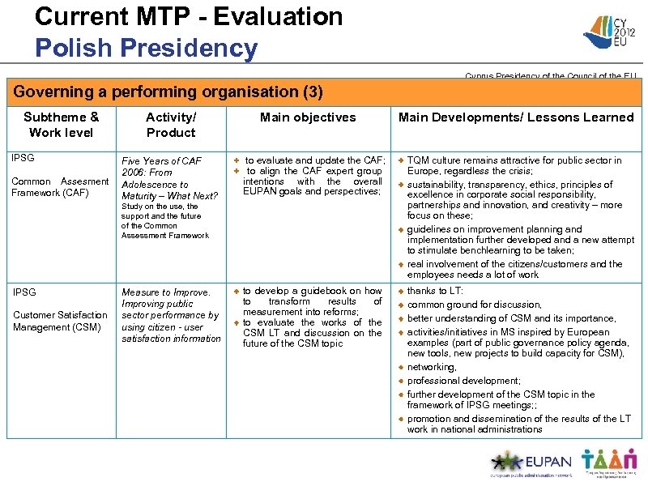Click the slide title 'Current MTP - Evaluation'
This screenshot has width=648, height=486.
189,17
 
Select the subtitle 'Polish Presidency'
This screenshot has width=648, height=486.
146,48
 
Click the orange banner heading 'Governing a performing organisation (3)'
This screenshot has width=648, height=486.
168,92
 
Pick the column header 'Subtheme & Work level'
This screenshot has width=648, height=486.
62,125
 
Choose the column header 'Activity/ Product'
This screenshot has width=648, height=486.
171,125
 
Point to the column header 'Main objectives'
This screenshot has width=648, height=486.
308,117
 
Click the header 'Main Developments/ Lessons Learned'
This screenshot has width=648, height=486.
516,117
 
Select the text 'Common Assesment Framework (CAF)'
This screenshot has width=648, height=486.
60,187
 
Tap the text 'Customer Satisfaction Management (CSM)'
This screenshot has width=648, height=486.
60,321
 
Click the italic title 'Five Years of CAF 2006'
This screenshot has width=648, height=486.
162,167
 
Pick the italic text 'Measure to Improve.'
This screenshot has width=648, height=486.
166,292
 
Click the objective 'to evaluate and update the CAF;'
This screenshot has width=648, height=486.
314,160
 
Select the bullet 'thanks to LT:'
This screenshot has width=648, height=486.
435,291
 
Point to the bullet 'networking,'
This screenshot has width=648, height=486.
432,367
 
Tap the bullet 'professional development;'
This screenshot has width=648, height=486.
463,381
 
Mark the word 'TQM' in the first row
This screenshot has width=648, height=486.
419,160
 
